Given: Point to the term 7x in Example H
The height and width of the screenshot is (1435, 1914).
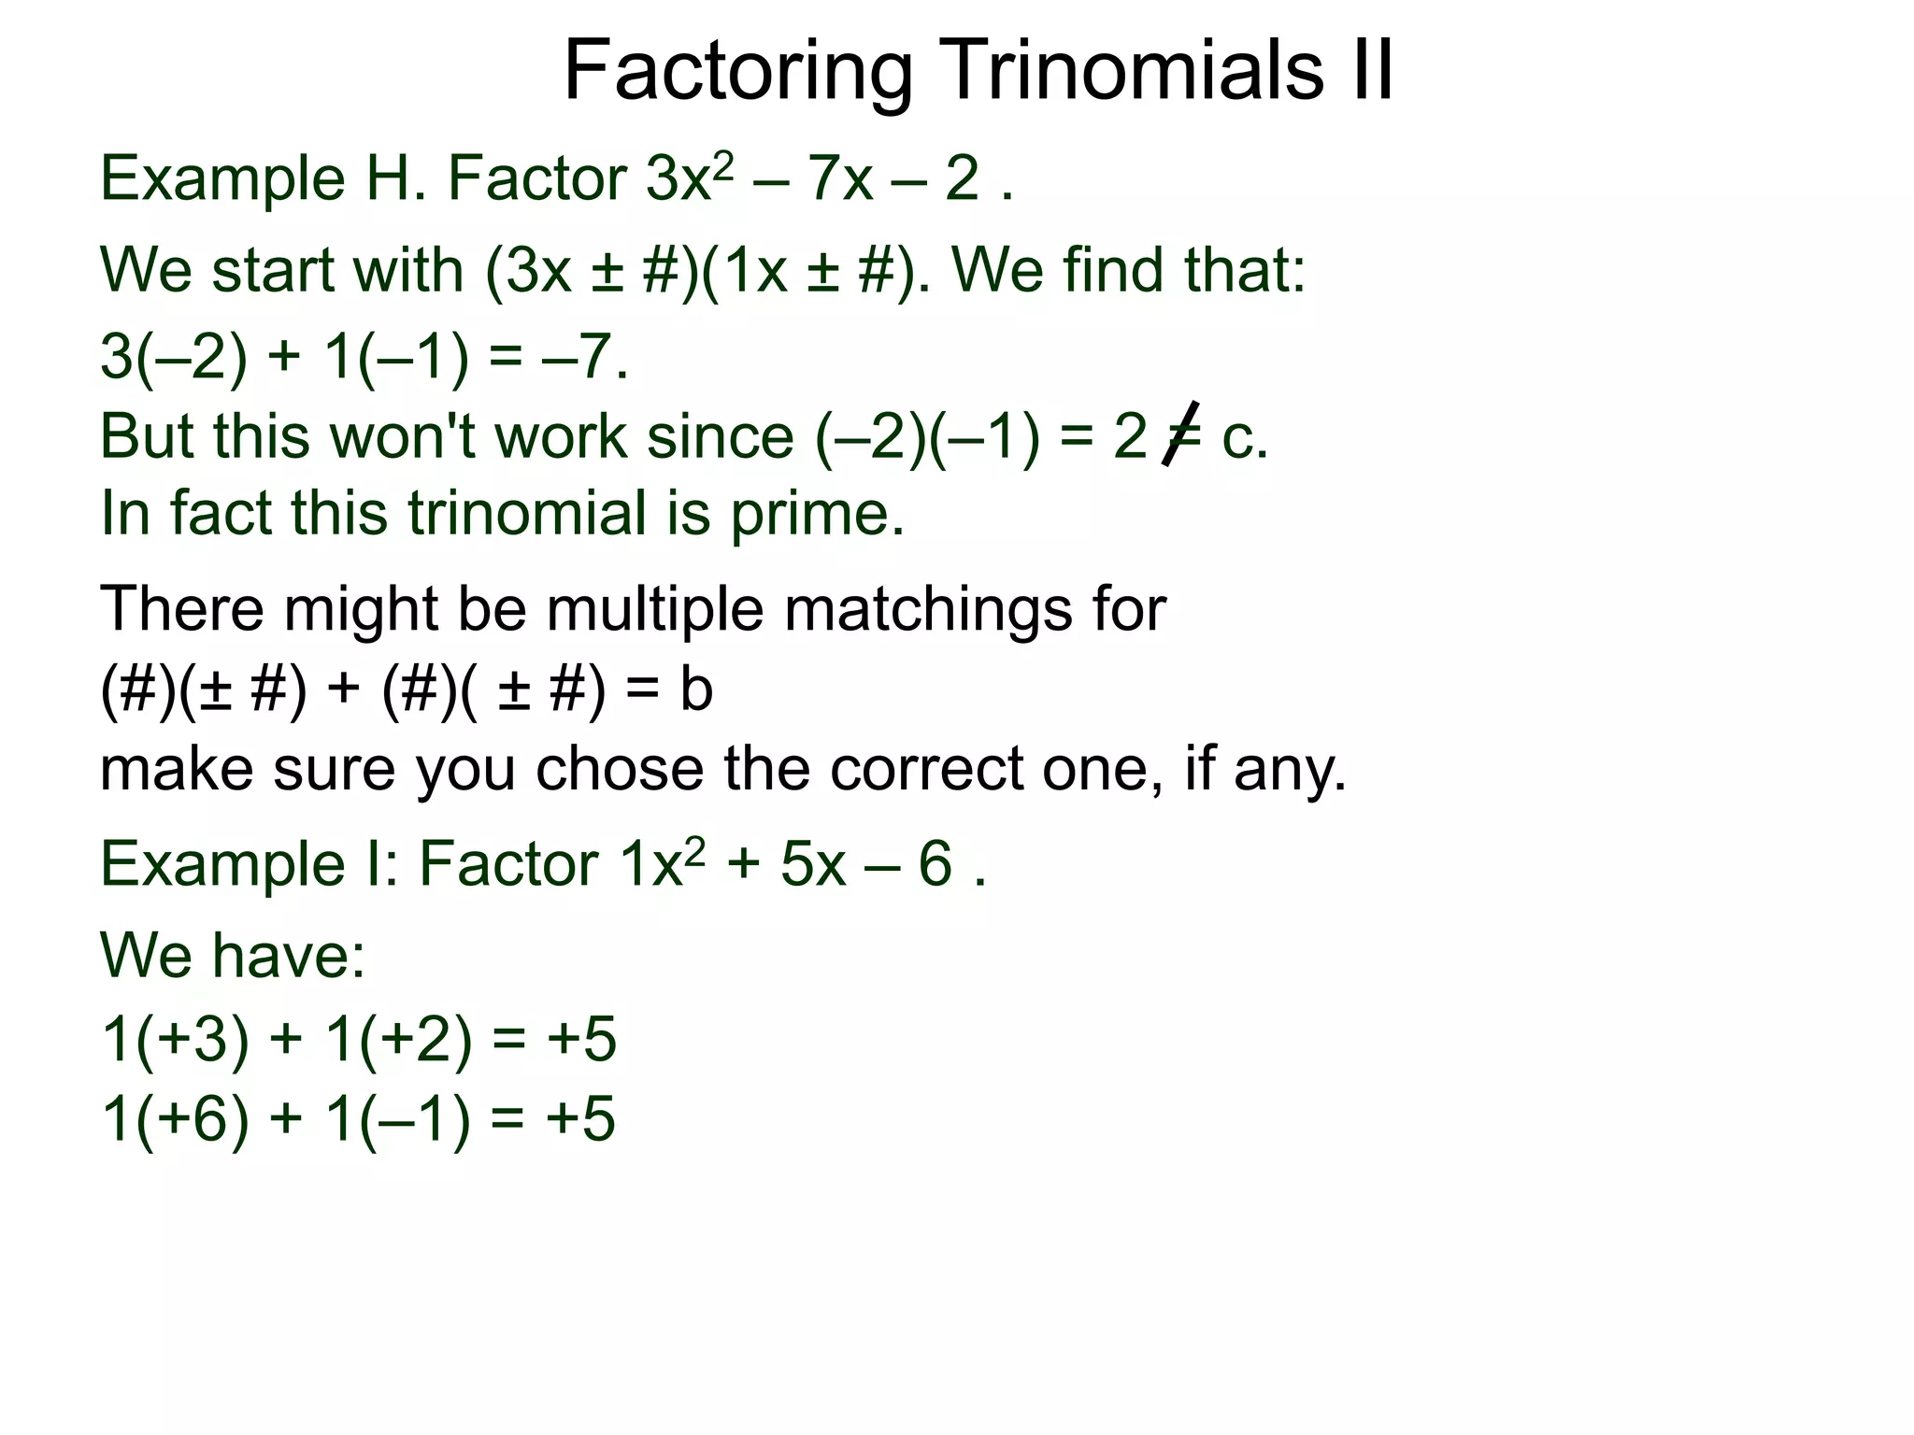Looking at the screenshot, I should pos(840,178).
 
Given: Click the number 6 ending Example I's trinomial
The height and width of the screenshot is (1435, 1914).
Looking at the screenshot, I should pos(936,864).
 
